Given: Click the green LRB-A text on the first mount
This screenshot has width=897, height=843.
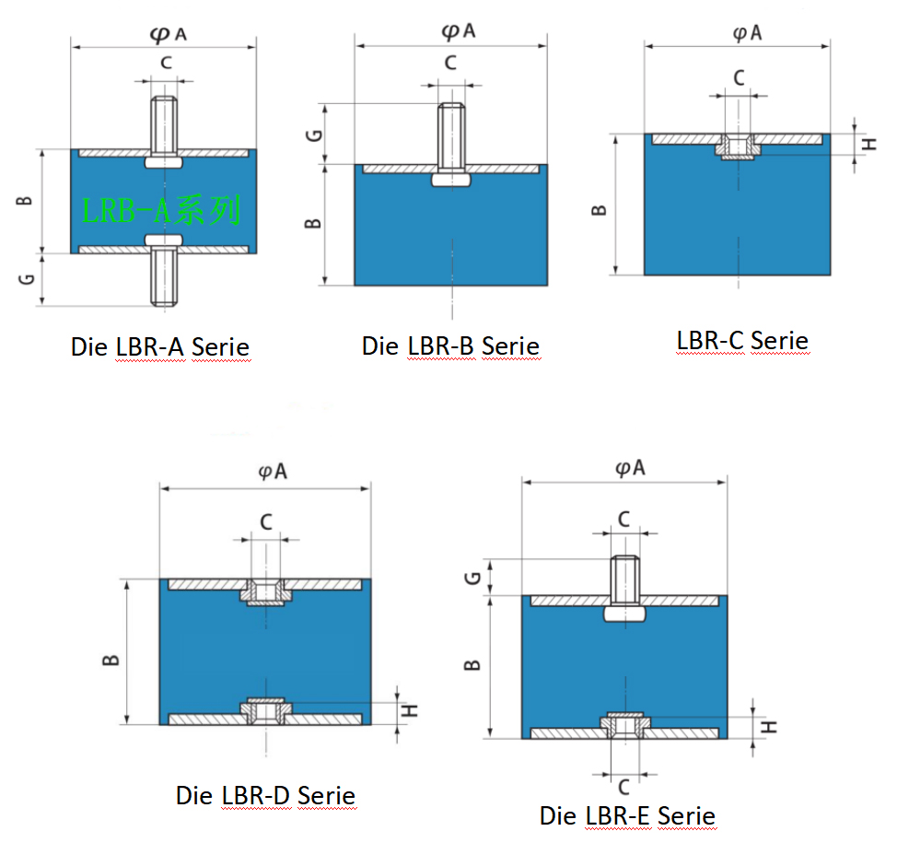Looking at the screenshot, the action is [x=161, y=210].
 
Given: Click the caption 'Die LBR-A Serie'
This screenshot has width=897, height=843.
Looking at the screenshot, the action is [x=160, y=346].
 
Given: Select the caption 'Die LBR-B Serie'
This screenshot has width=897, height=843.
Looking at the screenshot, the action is [x=450, y=345].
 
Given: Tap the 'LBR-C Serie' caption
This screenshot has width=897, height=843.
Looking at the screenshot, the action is [x=742, y=341].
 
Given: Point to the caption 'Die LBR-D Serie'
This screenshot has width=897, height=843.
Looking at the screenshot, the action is [x=265, y=795].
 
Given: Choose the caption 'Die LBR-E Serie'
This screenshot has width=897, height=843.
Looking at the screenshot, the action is [x=627, y=815].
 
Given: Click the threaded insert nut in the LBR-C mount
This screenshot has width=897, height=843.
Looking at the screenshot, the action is [x=738, y=146].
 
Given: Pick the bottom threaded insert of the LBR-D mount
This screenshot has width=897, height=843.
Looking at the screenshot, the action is [x=266, y=711].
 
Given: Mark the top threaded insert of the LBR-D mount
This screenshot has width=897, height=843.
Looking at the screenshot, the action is [x=266, y=591].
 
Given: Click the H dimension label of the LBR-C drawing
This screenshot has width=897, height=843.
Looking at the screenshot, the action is [x=869, y=144].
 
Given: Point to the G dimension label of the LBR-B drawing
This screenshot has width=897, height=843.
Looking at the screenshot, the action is [x=314, y=135].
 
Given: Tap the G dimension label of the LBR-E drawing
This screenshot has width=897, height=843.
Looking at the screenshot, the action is [x=473, y=579].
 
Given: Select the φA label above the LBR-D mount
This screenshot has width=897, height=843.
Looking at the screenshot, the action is [x=273, y=472].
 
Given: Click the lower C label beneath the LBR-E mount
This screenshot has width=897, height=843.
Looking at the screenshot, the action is [x=624, y=787].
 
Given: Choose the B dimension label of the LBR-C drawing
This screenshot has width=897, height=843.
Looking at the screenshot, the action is [x=599, y=210].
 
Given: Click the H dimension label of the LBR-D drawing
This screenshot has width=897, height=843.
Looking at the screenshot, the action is [x=410, y=711].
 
